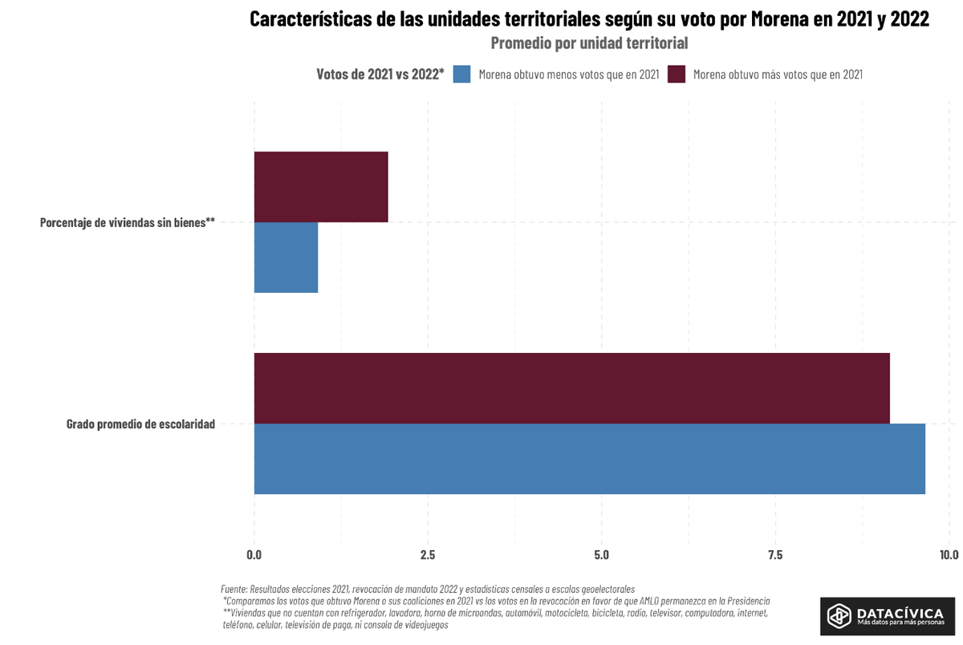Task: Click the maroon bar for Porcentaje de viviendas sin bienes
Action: (x=321, y=187)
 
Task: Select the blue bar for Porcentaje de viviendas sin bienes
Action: (x=286, y=258)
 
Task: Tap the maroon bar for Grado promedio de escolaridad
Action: (x=571, y=388)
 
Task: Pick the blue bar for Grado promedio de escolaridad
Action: (x=589, y=459)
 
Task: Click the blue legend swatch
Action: (x=461, y=75)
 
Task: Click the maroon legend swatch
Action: (x=677, y=75)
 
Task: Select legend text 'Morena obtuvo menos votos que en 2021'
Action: (x=568, y=75)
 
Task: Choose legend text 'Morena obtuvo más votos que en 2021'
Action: (x=777, y=75)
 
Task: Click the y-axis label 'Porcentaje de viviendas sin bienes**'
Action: (x=128, y=222)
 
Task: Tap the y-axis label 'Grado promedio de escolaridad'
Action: (x=140, y=424)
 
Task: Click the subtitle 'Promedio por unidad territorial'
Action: (x=589, y=43)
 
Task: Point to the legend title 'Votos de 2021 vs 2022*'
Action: (x=380, y=75)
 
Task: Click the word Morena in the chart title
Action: (x=779, y=19)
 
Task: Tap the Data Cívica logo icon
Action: (x=839, y=615)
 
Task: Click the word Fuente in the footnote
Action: (x=234, y=589)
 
